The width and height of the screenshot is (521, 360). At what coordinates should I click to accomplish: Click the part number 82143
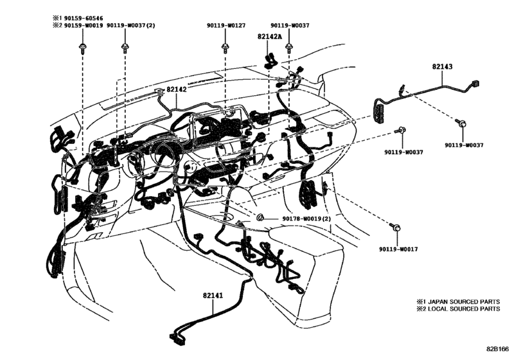pos(442,66)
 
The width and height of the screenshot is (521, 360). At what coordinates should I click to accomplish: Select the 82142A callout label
pos(270,37)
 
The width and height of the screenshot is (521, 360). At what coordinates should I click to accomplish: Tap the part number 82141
pos(212,295)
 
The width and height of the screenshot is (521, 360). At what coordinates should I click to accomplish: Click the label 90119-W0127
pos(225,26)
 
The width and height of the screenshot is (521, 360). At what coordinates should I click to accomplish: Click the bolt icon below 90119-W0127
pos(225,48)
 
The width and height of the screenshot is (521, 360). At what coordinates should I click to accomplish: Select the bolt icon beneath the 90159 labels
pos(82,48)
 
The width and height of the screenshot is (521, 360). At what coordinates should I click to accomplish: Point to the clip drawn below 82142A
pos(270,59)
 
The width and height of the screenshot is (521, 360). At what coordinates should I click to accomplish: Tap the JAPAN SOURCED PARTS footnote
pos(457,300)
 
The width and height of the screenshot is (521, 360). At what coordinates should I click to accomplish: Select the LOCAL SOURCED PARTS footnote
pos(457,309)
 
